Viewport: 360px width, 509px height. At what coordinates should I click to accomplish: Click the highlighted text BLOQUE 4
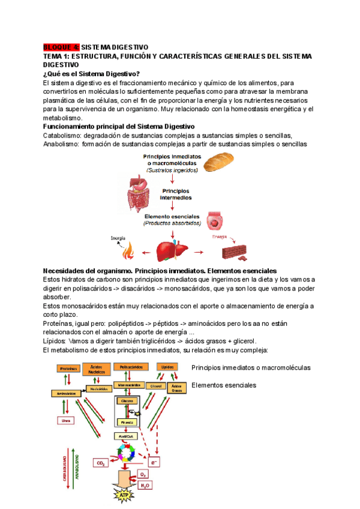tap(61, 47)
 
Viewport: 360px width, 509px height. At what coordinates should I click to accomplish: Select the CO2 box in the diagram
tap(101, 463)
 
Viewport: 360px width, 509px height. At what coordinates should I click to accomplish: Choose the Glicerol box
tap(155, 386)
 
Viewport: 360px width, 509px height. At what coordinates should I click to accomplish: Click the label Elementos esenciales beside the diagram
tap(224, 385)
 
